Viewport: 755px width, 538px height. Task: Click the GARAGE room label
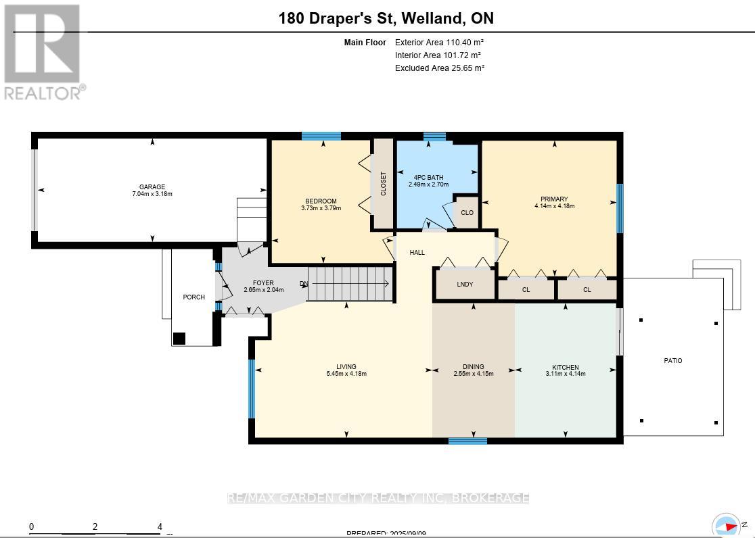click(152, 187)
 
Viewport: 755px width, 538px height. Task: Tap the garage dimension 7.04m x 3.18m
click(152, 194)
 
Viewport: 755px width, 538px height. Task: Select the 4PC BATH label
click(426, 177)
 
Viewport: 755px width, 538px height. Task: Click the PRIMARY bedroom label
click(554, 199)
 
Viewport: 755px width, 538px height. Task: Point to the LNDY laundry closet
click(465, 285)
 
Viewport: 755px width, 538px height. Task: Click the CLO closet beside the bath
click(467, 213)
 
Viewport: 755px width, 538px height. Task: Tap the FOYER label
click(263, 283)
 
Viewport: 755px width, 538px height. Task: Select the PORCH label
click(193, 297)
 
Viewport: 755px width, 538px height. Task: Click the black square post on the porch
click(179, 339)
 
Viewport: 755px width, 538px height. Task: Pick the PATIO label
click(672, 361)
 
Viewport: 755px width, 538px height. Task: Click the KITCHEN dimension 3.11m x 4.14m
click(565, 374)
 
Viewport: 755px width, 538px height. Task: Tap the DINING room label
click(473, 367)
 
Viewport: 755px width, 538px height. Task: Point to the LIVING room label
click(346, 367)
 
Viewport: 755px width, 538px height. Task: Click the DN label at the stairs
click(304, 283)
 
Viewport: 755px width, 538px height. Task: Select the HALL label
click(417, 253)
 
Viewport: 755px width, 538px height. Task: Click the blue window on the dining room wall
click(467, 441)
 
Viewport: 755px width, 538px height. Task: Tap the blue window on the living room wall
click(252, 389)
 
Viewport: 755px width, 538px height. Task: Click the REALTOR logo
click(44, 52)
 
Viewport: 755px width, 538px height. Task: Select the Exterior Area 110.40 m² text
click(439, 42)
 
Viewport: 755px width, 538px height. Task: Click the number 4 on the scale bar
click(160, 527)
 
